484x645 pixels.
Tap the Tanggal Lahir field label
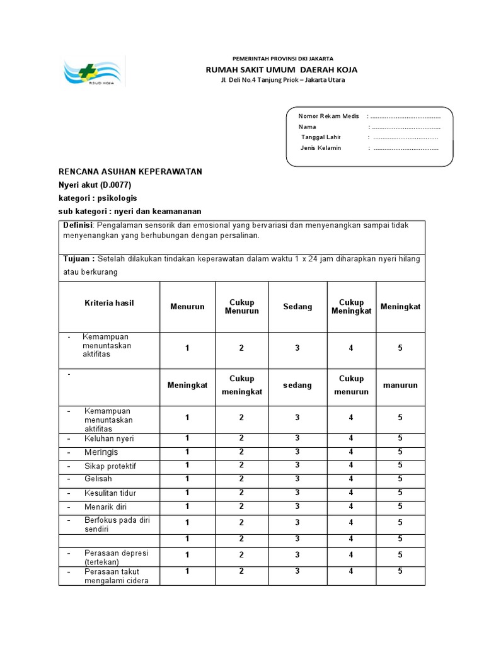click(321, 137)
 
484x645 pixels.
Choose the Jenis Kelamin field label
click(321, 148)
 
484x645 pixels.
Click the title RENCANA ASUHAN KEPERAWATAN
click(130, 172)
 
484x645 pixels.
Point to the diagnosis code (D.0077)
click(114, 185)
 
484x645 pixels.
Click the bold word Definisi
click(78, 225)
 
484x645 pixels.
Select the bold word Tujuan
click(79, 259)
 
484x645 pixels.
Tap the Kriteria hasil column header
click(109, 303)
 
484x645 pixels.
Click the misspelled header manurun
click(400, 385)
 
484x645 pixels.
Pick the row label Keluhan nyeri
click(109, 438)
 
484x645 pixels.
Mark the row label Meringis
click(101, 452)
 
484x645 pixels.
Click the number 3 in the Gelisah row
click(297, 479)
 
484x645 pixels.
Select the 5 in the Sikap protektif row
click(400, 465)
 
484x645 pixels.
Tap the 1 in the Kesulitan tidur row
click(187, 493)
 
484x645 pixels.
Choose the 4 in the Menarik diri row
click(351, 506)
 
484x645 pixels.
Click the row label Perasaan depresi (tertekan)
click(116, 557)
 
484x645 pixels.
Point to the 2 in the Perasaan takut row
click(241, 571)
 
